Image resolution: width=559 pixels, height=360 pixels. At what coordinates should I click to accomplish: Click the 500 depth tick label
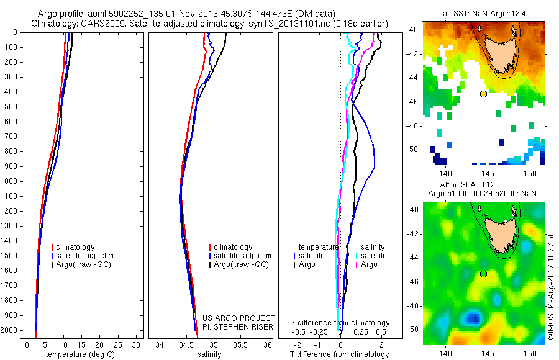(11, 107)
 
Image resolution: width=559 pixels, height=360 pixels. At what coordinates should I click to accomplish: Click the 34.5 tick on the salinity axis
(187, 344)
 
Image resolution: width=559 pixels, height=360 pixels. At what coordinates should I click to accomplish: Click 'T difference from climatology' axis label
(340, 354)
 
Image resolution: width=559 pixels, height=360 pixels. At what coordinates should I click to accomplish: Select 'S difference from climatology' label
(340, 323)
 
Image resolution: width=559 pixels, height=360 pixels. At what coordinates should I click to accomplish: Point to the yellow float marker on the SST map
(483, 94)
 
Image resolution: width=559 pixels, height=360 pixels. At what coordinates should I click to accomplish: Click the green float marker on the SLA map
(483, 274)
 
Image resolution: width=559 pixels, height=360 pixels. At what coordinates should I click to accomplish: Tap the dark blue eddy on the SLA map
(473, 318)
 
